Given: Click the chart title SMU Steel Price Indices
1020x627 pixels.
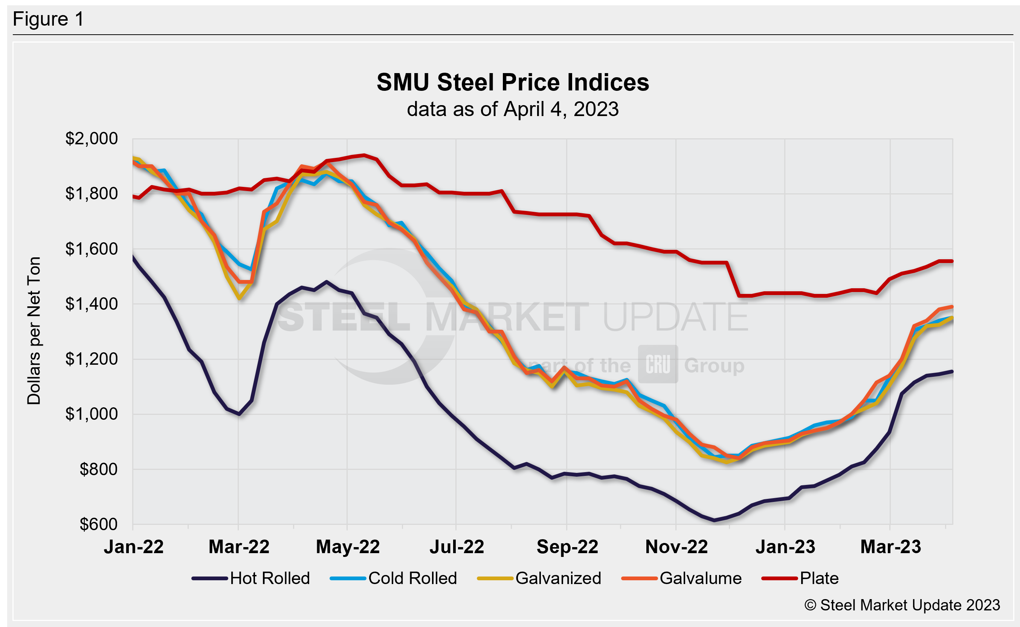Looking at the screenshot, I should coord(512,82).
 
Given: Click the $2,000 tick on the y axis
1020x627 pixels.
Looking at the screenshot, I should coord(92,139).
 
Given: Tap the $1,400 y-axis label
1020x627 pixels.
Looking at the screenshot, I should coord(92,304).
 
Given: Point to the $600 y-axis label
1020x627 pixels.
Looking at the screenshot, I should coord(99,525).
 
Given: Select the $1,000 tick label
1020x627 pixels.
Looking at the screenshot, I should coord(92,414).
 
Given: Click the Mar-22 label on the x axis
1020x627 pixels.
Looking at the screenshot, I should coord(239,547).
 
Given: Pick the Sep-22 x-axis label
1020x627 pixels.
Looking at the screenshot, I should coord(567,547).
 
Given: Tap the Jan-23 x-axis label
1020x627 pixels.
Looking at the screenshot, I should coord(785,547).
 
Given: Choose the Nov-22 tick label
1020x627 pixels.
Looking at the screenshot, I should coord(676,547).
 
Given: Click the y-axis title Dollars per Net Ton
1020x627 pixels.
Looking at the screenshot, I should coord(34,330).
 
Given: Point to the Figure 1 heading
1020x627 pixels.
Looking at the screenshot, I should coord(48,19).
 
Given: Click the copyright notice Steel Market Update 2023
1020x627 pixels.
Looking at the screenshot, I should coord(902,605).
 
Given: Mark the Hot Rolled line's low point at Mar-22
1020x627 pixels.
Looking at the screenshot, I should coord(239,414).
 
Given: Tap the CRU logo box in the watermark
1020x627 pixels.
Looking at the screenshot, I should coord(658,364).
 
